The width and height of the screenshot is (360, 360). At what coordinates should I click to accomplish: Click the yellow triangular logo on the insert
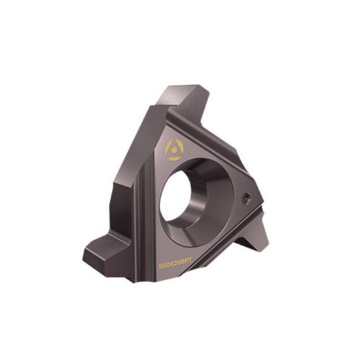(x=174, y=150)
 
